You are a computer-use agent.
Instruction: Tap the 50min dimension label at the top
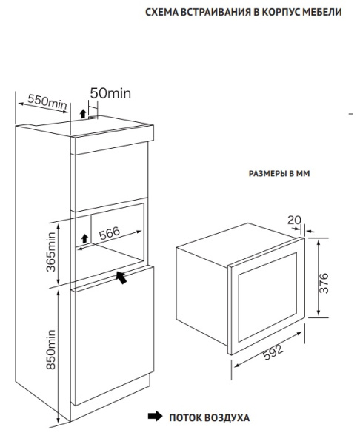coord(110,93)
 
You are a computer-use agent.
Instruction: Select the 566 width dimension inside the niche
coord(110,233)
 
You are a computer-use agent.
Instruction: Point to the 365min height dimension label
coord(51,252)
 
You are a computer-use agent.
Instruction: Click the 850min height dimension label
coord(51,349)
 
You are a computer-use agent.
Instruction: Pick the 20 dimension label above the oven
coord(294,220)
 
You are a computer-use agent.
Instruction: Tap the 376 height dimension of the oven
coord(324,283)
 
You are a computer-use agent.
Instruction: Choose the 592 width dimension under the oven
coord(273,352)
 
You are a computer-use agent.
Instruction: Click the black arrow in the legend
coord(155,416)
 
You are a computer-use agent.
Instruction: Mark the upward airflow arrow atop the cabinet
coord(83,113)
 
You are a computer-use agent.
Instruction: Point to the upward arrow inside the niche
coord(84,238)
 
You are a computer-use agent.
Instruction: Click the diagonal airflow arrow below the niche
coord(121,277)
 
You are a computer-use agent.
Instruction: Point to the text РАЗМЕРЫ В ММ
coord(279,173)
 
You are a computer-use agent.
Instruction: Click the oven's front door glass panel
coord(267,297)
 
